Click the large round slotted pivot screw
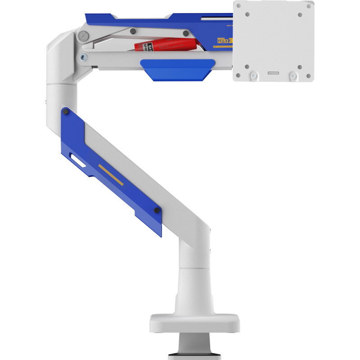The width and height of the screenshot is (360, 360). pyautogui.click(x=82, y=36)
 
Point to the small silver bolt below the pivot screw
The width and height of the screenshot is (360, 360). pyautogui.click(x=83, y=57)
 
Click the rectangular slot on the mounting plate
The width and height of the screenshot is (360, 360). pyautogui.click(x=273, y=72)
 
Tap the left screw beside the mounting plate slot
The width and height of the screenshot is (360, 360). pyautogui.click(x=253, y=75)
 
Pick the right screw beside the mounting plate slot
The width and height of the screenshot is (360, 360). pyautogui.click(x=293, y=75)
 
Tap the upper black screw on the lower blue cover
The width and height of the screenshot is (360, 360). pyautogui.click(x=66, y=111)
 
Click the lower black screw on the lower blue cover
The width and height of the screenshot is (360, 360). pyautogui.click(x=156, y=210)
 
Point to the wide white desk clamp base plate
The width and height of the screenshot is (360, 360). pyautogui.click(x=194, y=323)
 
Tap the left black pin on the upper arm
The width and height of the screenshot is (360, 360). pyautogui.click(x=133, y=31)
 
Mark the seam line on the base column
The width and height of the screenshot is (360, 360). pyautogui.click(x=194, y=269)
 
